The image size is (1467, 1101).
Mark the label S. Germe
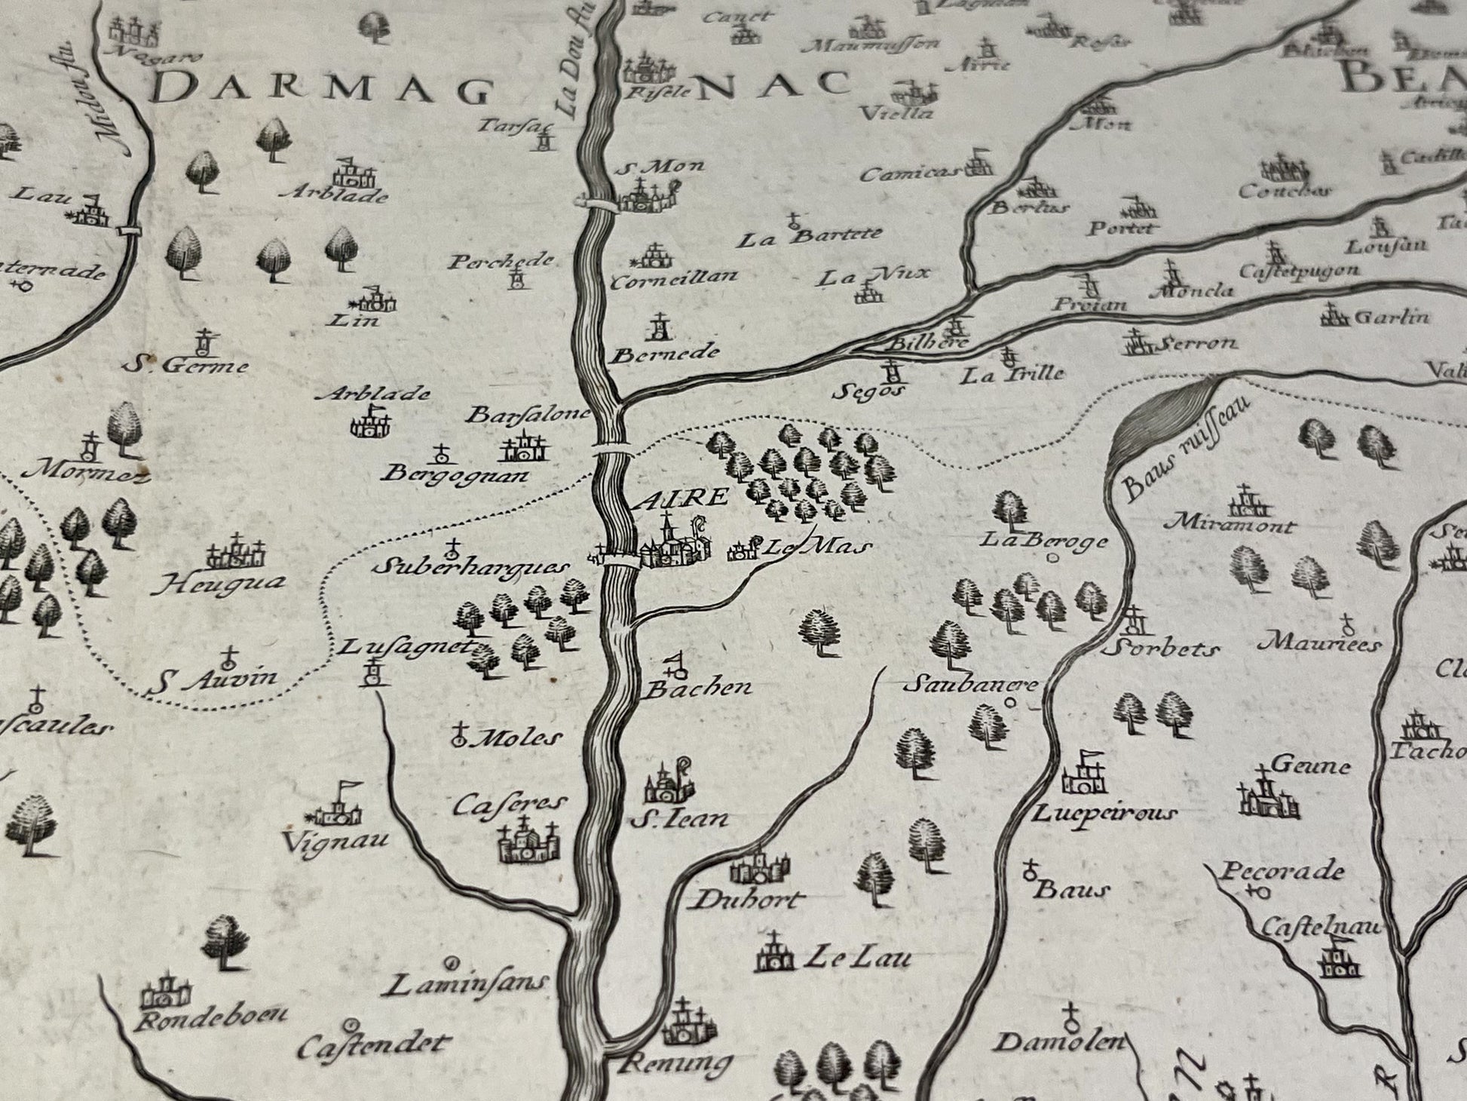186,366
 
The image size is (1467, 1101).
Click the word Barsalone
528,414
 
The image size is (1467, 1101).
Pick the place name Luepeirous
1104,813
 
